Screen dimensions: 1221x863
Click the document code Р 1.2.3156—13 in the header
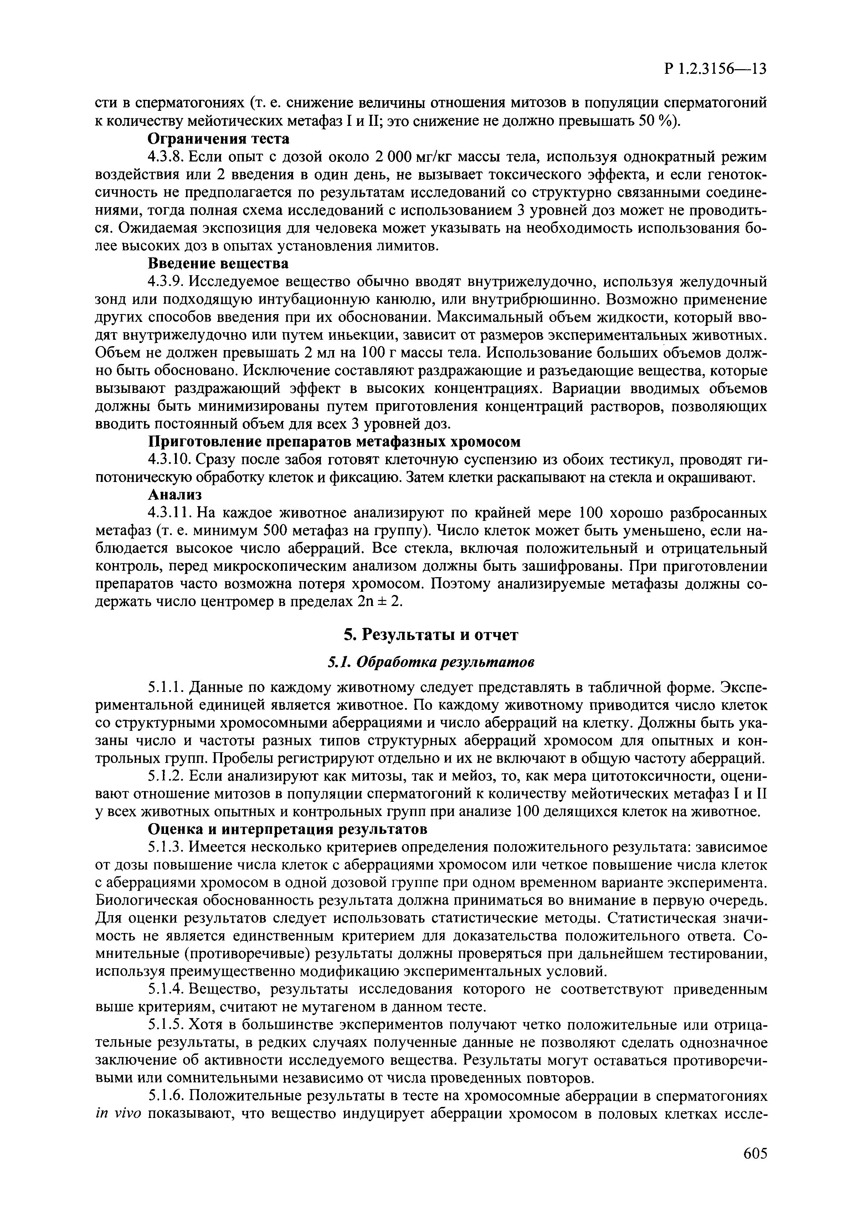(716, 69)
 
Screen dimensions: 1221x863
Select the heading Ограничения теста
(219, 139)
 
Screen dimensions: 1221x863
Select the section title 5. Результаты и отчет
(431, 635)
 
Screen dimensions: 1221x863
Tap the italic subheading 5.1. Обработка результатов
(431, 662)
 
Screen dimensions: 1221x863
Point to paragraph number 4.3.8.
(165, 157)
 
